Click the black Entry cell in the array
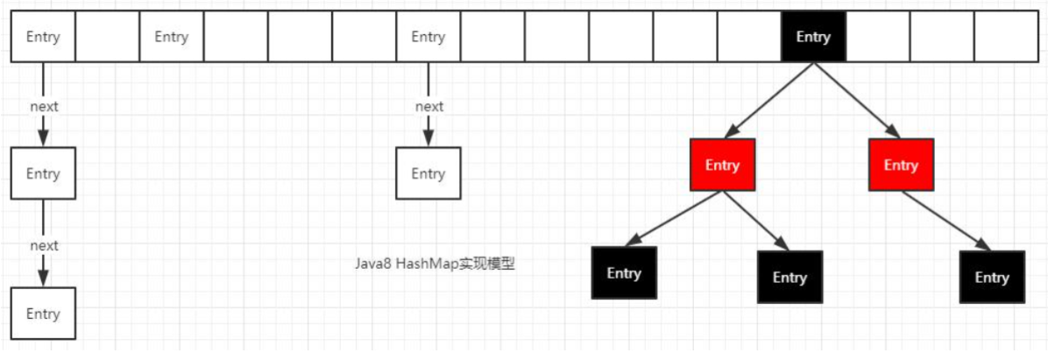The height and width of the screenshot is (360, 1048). [x=813, y=37]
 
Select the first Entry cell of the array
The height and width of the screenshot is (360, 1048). [x=43, y=37]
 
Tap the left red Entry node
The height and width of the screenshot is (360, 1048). [x=722, y=165]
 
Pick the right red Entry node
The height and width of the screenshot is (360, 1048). [x=901, y=165]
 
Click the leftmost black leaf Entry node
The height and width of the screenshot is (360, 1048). [x=624, y=273]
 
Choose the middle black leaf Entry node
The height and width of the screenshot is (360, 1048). [x=790, y=277]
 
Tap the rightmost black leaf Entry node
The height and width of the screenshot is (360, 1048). [x=992, y=277]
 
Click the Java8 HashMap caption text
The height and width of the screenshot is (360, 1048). [x=435, y=264]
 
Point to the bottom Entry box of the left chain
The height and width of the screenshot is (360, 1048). [x=43, y=314]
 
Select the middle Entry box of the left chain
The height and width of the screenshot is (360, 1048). [x=43, y=173]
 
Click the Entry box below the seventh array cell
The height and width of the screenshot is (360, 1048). [x=428, y=173]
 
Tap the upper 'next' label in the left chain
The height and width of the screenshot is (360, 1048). [x=44, y=106]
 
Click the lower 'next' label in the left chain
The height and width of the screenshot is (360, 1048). [x=44, y=245]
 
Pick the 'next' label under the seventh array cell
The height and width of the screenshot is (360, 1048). [x=429, y=106]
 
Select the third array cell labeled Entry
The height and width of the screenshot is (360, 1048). [x=171, y=37]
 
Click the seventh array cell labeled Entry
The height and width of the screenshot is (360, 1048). [x=428, y=37]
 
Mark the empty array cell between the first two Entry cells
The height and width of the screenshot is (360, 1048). [x=107, y=37]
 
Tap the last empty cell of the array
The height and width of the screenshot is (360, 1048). [x=1005, y=37]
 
